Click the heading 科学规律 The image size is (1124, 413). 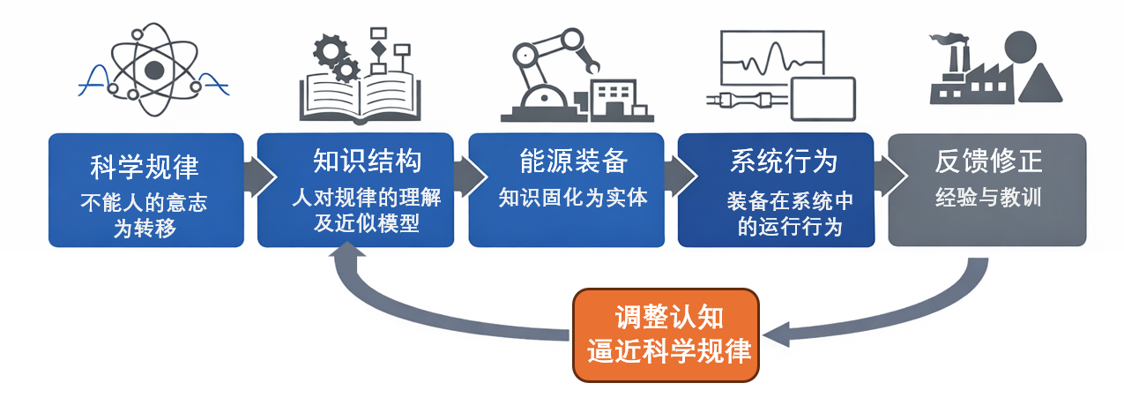[x=145, y=165]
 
